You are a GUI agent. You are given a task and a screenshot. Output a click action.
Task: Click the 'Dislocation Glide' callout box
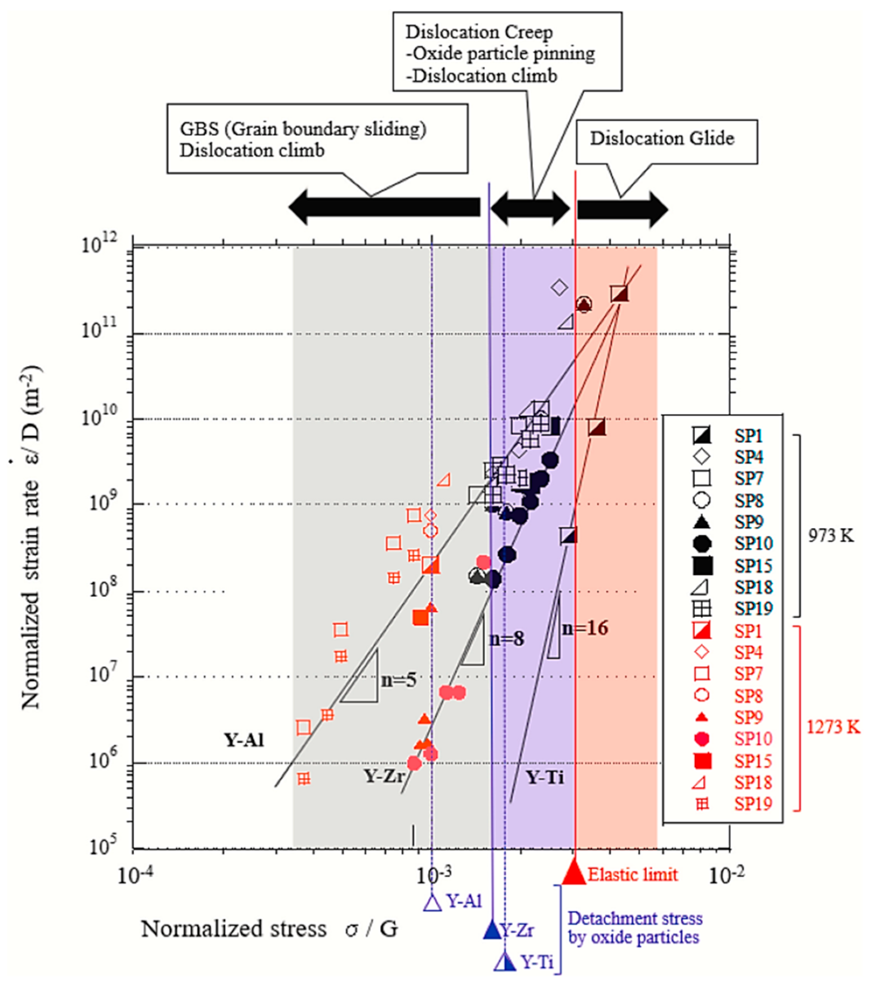(x=666, y=141)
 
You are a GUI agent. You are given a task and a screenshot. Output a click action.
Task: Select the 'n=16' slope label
(x=585, y=628)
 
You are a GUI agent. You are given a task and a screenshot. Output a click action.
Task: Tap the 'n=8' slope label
(x=507, y=639)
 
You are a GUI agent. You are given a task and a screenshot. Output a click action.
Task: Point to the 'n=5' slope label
(x=398, y=680)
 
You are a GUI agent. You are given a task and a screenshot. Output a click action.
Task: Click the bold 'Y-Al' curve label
(x=244, y=740)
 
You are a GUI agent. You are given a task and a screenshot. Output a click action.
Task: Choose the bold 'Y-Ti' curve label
(x=545, y=777)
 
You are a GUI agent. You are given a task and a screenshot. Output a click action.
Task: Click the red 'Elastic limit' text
(x=633, y=874)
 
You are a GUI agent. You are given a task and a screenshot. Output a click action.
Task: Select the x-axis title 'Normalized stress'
(x=233, y=929)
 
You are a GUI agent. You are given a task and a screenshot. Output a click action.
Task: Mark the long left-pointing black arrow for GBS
(x=384, y=207)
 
